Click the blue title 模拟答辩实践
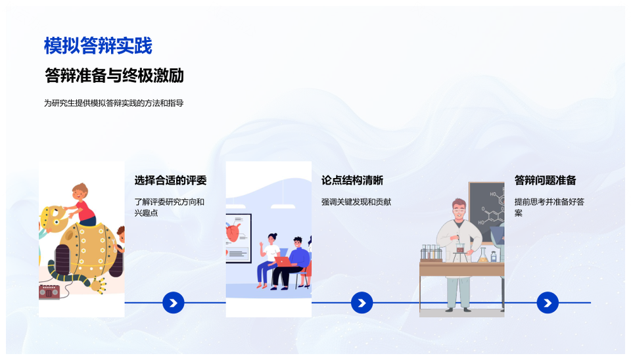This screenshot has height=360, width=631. [98, 45]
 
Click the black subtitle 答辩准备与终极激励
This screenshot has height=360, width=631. [114, 75]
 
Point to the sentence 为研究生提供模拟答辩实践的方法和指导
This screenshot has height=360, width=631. [114, 103]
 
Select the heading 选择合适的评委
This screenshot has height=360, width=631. [170, 180]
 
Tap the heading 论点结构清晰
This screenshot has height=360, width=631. [352, 180]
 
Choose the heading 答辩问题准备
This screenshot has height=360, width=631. [546, 180]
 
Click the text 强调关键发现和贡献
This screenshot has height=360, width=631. [356, 202]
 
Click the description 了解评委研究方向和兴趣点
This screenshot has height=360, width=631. [170, 207]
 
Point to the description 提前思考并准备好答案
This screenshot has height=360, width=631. [549, 207]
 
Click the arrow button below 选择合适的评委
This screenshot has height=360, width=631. [174, 302]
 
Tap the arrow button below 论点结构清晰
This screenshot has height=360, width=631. [362, 302]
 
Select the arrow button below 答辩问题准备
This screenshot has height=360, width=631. [548, 302]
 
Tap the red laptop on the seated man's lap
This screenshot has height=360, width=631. [283, 261]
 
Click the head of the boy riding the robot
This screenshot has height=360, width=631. [80, 192]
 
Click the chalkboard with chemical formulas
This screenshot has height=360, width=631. [486, 212]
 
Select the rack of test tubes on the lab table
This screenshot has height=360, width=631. [431, 253]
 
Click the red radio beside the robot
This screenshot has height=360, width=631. [49, 291]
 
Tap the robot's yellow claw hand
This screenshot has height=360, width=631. [99, 285]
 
